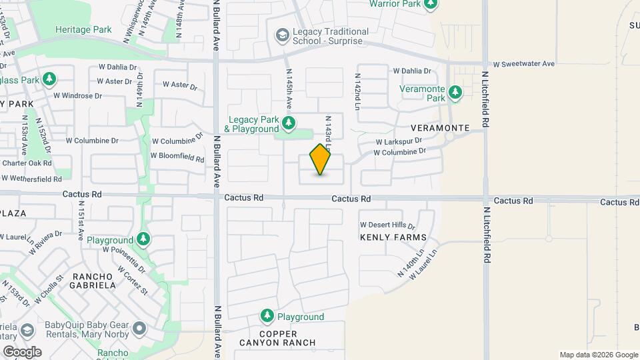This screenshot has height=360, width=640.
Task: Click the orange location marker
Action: click(x=321, y=159)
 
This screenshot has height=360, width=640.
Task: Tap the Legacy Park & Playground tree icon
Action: click(x=289, y=123)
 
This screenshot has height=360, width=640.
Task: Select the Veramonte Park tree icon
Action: click(x=455, y=92)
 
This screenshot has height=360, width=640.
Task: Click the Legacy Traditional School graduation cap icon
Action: click(x=282, y=34)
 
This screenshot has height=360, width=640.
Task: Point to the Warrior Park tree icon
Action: click(x=431, y=4)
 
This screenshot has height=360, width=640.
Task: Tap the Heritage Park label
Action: click(x=83, y=29)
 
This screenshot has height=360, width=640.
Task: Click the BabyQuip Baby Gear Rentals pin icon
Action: click(x=139, y=328)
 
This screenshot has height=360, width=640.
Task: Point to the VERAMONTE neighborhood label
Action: click(x=441, y=127)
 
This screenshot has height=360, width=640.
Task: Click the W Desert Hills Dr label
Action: click(x=387, y=225)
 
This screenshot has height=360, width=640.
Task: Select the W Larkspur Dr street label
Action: click(x=399, y=141)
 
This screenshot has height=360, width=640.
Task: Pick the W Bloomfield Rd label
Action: click(x=177, y=157)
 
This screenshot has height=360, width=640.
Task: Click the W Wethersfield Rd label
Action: click(x=32, y=178)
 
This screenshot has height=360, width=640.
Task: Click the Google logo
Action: click(x=21, y=351)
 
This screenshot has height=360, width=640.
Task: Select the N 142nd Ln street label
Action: click(x=357, y=91)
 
